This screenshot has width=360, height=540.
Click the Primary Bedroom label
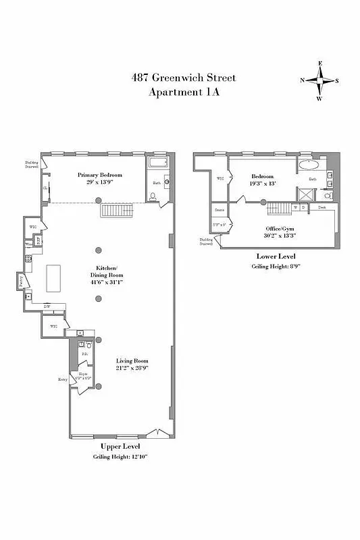coord(99,174)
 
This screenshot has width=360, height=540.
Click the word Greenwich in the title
coord(182,78)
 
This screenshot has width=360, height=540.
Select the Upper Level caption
coord(120,447)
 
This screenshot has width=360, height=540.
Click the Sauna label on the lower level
coord(220,211)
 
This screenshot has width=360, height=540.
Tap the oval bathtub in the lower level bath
coord(311,165)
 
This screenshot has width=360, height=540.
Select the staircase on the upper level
coord(115,211)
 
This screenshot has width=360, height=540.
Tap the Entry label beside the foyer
coord(63,380)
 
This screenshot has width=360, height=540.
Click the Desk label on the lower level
coord(322,208)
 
